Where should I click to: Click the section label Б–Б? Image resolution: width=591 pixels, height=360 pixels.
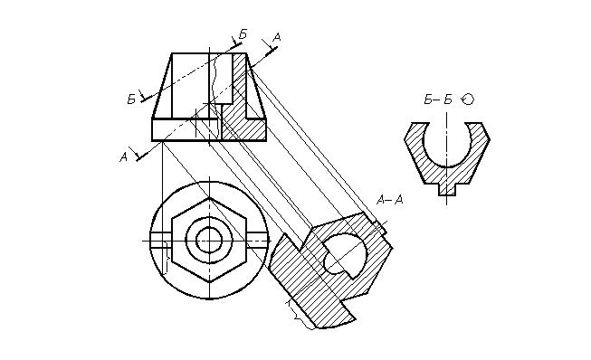[x=438, y=99]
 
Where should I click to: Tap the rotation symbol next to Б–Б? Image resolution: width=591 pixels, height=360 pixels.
[x=468, y=99]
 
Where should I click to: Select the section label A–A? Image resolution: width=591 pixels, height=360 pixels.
[x=390, y=200]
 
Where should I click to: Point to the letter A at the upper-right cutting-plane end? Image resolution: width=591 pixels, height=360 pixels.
[x=277, y=37]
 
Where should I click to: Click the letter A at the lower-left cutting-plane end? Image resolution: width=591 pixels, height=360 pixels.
[x=123, y=157]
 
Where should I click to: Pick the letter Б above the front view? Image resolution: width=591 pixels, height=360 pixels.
[x=243, y=34]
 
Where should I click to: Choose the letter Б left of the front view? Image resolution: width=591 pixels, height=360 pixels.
[x=131, y=99]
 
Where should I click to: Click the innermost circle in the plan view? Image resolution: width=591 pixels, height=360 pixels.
[x=209, y=241]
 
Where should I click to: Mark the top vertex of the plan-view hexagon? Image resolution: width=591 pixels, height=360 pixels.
[x=209, y=198]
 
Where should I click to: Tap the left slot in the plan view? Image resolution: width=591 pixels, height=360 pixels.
[x=161, y=241]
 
